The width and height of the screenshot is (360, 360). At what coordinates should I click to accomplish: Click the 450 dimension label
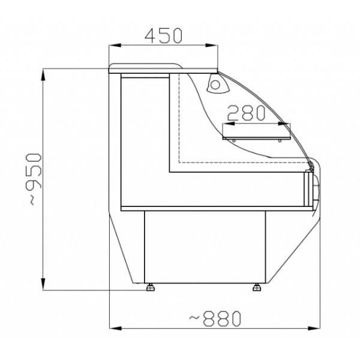tap(163, 35)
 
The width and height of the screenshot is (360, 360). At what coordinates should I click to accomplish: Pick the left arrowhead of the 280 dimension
tap(225, 124)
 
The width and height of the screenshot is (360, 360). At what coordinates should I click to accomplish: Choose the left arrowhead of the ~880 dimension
tap(112, 328)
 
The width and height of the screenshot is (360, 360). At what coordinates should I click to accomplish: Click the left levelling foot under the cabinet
tap(150, 286)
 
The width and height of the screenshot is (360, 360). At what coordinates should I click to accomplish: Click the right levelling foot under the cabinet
tap(259, 286)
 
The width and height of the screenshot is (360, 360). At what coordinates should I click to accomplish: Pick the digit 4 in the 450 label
tap(149, 35)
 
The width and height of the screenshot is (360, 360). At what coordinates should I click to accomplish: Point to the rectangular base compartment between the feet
tap(204, 246)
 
